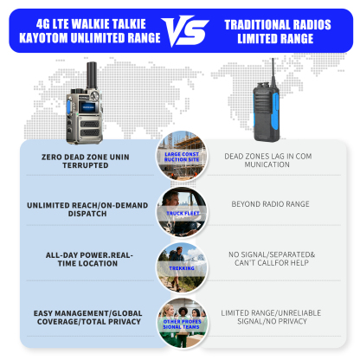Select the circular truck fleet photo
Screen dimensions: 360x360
pos(180,210)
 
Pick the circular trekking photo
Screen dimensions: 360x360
pos(180,262)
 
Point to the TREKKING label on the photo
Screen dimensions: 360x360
pos(180,268)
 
